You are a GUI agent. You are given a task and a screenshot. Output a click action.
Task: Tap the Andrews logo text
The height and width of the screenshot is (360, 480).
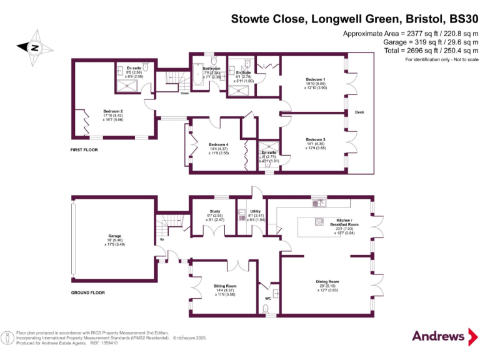click(439, 336)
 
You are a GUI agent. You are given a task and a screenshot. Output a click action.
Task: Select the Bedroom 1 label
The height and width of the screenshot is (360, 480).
click(316, 80)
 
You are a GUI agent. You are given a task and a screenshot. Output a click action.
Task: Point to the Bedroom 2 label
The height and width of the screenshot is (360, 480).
click(112, 112)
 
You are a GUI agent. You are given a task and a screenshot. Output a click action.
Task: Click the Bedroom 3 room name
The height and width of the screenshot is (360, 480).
click(316, 139)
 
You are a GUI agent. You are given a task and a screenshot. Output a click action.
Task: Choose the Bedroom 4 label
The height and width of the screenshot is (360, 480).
click(219, 144)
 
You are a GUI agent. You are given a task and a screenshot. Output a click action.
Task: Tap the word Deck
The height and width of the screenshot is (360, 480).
click(359, 112)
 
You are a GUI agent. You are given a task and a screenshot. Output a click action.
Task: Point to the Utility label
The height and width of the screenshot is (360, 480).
click(255, 212)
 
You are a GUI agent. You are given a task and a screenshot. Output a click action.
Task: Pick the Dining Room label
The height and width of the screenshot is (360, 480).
click(327, 282)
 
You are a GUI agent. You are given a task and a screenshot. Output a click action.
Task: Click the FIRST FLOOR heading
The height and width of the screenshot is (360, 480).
click(85, 151)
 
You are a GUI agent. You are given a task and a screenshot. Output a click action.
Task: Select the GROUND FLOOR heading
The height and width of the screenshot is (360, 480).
click(88, 292)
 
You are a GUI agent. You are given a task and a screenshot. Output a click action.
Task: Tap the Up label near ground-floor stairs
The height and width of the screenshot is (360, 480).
click(162, 239)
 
